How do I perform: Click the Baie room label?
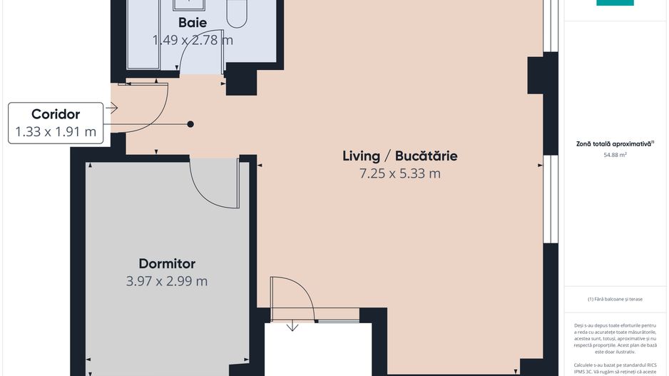[x=193, y=22]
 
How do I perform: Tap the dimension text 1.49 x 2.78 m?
[x=193, y=40]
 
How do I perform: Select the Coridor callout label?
[x=56, y=114]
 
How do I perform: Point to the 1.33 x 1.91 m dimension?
[x=56, y=131]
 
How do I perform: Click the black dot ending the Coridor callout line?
[x=190, y=124]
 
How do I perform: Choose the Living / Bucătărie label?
[x=399, y=156]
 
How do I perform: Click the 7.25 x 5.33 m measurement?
[x=400, y=173]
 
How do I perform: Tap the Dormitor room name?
[x=167, y=263]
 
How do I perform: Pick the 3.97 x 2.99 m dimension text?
[x=167, y=281]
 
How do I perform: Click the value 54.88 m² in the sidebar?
[x=615, y=154]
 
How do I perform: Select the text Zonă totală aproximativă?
[x=615, y=143]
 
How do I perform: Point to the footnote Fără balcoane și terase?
[x=616, y=299]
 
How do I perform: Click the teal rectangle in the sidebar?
[x=615, y=2]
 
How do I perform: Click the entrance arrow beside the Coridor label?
[x=111, y=108]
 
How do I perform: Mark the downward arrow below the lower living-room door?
[x=292, y=327]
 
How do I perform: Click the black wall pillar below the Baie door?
[x=240, y=80]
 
